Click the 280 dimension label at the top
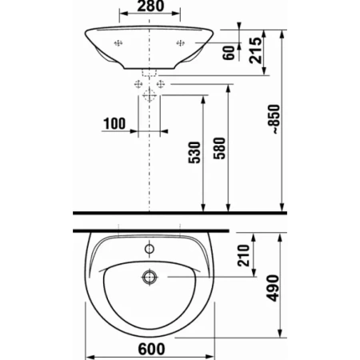[150, 6]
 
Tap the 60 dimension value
[229, 53]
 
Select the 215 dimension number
[255, 50]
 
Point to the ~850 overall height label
[274, 119]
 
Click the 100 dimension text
[114, 124]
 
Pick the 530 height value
[194, 153]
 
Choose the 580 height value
[219, 148]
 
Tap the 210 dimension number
[243, 255]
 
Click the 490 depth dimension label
[273, 288]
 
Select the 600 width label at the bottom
[151, 349]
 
